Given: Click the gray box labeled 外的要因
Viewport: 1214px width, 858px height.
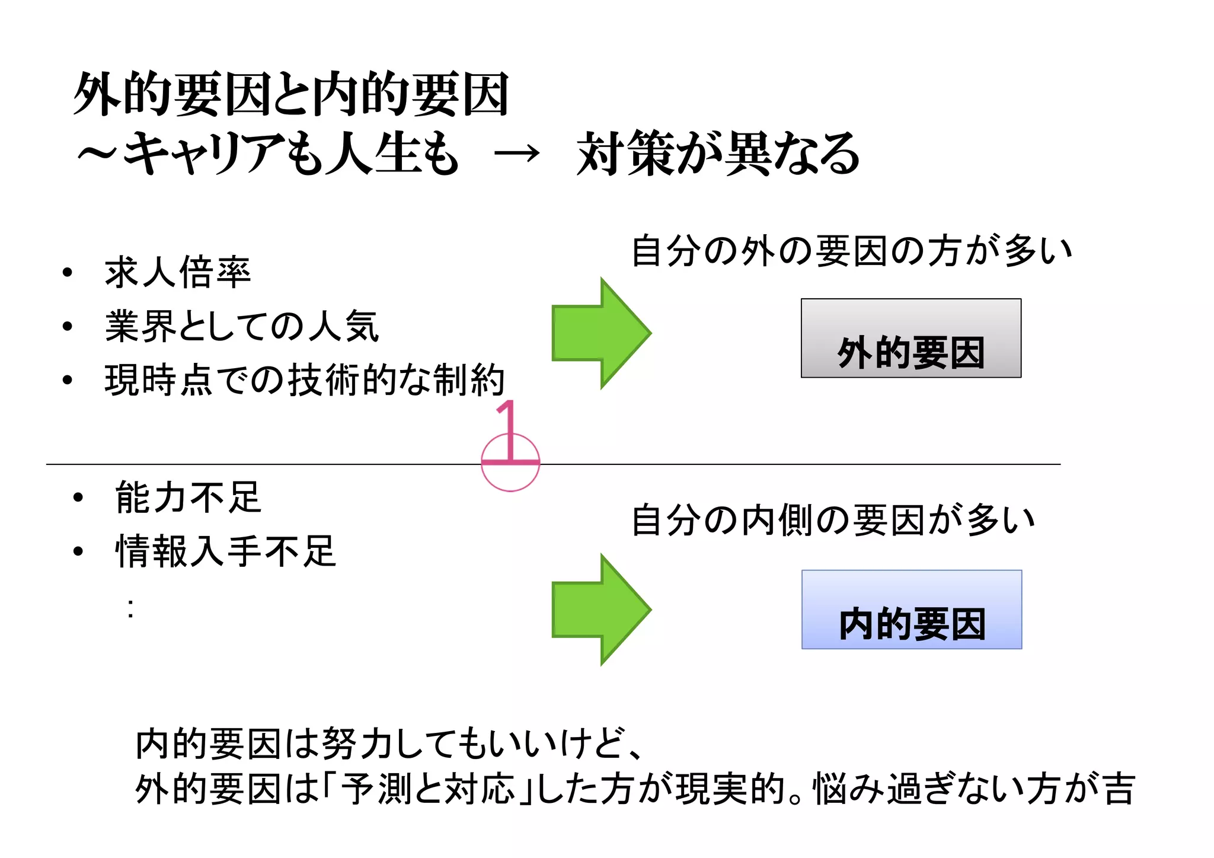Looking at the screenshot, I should click(910, 338).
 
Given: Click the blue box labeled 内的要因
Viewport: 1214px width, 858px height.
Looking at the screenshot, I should click(911, 610).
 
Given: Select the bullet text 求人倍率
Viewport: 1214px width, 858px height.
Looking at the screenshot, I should click(178, 273).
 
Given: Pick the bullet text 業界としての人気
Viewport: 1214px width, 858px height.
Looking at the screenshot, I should click(242, 327).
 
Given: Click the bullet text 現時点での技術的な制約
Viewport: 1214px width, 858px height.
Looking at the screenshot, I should click(305, 380).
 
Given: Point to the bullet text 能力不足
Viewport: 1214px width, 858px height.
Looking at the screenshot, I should click(189, 497).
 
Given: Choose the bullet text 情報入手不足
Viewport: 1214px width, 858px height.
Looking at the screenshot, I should click(226, 551).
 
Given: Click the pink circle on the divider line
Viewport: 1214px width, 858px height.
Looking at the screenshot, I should click(510, 474).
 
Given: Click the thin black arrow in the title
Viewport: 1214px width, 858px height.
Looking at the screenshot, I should click(517, 154).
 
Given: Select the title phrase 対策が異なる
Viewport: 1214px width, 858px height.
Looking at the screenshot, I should click(718, 154).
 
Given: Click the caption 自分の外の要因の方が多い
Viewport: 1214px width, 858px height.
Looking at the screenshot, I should click(852, 251).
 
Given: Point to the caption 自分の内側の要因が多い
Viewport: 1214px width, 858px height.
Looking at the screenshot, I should click(833, 520).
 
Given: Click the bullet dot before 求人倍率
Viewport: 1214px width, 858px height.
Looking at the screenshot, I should click(68, 273).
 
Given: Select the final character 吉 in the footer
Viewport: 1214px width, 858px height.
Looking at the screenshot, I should click(1120, 789).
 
